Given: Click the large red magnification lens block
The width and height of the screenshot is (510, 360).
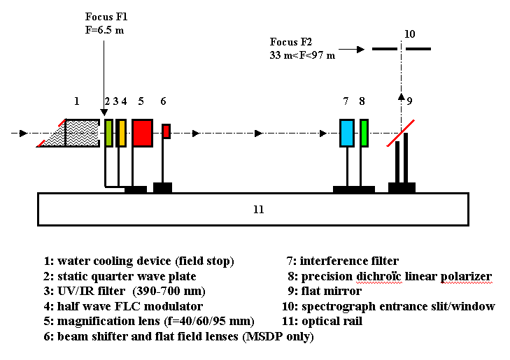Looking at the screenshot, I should click(x=142, y=133).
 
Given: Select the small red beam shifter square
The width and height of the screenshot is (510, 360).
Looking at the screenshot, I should click(x=167, y=131).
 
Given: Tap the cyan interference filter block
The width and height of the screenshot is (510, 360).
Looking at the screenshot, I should click(x=347, y=133).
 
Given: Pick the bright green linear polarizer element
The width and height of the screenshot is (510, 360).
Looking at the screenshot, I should click(x=364, y=133).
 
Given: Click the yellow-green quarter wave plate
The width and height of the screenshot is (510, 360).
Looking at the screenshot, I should click(x=108, y=133).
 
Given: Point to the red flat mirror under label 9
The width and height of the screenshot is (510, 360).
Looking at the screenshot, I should click(x=399, y=134).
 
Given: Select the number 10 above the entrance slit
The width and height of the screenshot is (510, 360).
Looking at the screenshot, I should click(x=410, y=34).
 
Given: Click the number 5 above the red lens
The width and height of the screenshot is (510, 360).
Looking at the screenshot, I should click(x=141, y=101).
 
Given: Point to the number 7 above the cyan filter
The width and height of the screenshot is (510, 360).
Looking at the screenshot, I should click(x=346, y=101).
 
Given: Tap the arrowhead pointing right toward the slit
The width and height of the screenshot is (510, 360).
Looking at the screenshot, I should click(x=361, y=49).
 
